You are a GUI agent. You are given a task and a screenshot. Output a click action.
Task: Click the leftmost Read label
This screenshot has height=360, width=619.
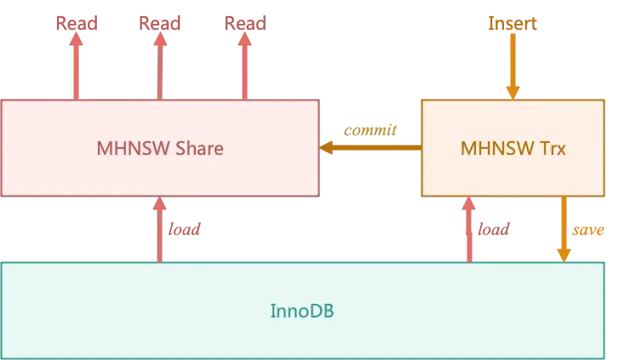[x=77, y=23]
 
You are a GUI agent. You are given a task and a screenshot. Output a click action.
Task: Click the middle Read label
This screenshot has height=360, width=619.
[x=159, y=23]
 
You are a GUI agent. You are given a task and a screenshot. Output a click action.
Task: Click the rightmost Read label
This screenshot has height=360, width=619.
[x=245, y=23]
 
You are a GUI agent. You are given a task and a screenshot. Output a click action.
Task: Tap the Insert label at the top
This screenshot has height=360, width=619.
[x=512, y=23]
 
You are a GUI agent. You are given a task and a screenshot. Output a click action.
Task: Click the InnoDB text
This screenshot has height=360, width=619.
[x=302, y=311]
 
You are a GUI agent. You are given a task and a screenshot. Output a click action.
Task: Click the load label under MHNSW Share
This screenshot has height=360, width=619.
[x=185, y=231]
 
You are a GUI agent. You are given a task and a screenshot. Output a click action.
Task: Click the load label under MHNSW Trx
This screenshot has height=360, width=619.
[x=493, y=231]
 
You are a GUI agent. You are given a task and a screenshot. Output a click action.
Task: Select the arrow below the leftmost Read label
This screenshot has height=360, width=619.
[x=77, y=68]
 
